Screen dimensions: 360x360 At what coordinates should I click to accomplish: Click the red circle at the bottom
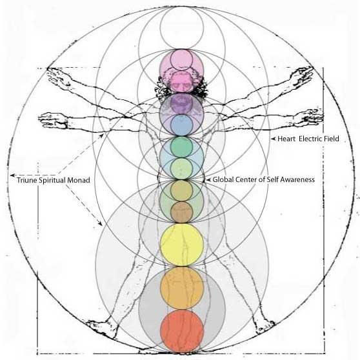182,331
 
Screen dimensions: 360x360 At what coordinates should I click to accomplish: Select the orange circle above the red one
182,288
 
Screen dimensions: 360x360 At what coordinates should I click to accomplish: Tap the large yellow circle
182,245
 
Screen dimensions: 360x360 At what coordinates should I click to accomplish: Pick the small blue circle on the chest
181,125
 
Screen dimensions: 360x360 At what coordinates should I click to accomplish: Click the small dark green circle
181,147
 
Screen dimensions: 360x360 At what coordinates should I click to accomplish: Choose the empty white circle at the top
182,28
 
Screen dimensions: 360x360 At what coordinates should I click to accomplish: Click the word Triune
26,180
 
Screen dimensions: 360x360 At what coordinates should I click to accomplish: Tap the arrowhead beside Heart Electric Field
273,139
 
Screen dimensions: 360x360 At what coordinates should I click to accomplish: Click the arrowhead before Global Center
208,180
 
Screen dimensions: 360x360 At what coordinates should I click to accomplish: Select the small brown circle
181,212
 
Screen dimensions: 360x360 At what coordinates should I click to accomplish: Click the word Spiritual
52,180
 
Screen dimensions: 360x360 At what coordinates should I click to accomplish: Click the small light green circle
181,169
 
